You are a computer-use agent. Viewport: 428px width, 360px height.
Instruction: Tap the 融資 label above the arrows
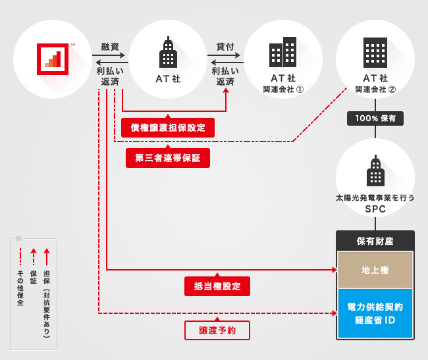click(x=110, y=47)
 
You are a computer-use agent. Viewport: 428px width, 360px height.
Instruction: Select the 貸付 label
click(x=225, y=47)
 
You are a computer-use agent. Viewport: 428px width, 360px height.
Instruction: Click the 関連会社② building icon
click(x=375, y=53)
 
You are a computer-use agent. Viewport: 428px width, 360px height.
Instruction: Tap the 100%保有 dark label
click(x=375, y=118)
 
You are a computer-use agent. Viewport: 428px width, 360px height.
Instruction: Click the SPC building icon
click(x=375, y=172)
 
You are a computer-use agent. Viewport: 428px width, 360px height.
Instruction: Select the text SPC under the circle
click(x=375, y=209)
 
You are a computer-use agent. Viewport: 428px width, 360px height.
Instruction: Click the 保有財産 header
click(x=375, y=241)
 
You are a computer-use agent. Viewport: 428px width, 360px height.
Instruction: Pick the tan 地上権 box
click(x=375, y=270)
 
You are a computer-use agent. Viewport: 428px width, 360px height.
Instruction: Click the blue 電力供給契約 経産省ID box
click(x=375, y=313)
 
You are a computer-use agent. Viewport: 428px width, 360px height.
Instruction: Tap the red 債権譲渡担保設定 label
click(x=168, y=128)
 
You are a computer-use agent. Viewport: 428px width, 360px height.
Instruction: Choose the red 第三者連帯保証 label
click(x=168, y=158)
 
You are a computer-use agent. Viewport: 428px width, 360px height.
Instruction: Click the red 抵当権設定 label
click(x=217, y=286)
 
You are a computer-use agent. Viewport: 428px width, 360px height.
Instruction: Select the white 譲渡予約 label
click(x=217, y=330)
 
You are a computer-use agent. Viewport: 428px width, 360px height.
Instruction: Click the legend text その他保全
click(x=20, y=288)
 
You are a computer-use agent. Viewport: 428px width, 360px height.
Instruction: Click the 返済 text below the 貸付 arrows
click(x=225, y=82)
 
